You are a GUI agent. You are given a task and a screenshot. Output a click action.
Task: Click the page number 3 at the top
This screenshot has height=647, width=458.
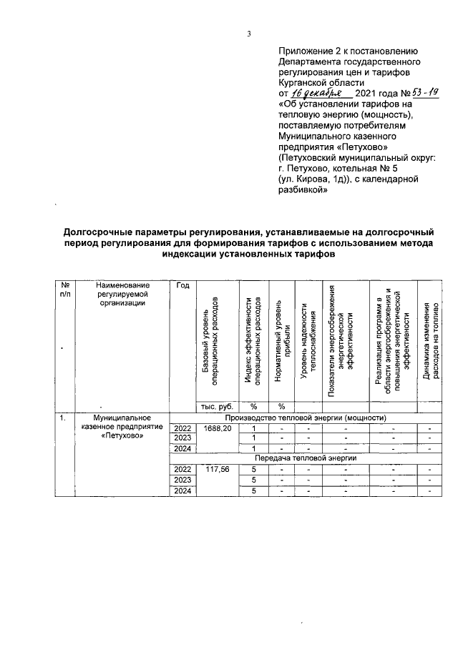point(248,33)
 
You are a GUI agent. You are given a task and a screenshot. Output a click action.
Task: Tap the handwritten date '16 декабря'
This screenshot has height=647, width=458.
point(321,94)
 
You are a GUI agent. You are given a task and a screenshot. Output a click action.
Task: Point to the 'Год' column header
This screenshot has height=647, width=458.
point(182,286)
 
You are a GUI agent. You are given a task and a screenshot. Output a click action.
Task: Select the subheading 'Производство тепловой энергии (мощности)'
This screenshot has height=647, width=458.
point(306,418)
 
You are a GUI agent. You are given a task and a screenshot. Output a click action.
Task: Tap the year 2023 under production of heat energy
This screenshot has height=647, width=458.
point(182,438)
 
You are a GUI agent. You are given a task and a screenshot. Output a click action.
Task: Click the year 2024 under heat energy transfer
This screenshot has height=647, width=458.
point(182,490)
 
